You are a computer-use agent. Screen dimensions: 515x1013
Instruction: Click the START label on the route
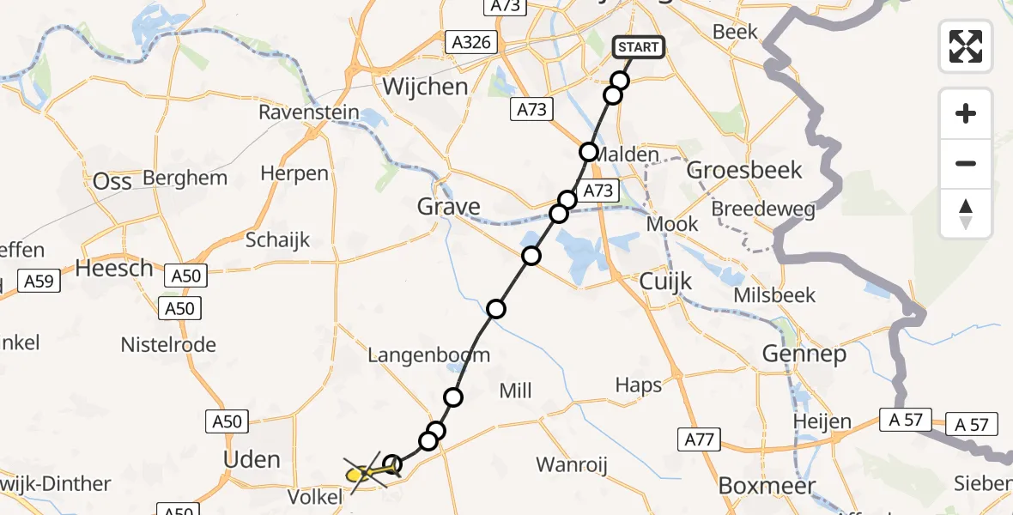[x=639, y=46]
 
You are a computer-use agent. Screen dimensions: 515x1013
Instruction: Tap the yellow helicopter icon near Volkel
[x=363, y=472]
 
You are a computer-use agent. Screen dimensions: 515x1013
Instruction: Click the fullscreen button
[x=966, y=45]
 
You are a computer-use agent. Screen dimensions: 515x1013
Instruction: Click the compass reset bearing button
[x=966, y=214]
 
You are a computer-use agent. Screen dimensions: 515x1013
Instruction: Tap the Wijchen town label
[x=425, y=87]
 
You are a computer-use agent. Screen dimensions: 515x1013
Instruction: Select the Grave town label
[x=448, y=207]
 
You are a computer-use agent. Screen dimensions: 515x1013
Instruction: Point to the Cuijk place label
[x=666, y=282]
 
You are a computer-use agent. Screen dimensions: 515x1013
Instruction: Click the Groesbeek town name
[x=745, y=169]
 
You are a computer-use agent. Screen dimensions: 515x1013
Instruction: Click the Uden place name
[x=252, y=459]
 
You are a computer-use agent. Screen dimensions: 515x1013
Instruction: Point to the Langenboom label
[x=428, y=354]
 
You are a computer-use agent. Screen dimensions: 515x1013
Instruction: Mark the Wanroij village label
[x=572, y=465]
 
